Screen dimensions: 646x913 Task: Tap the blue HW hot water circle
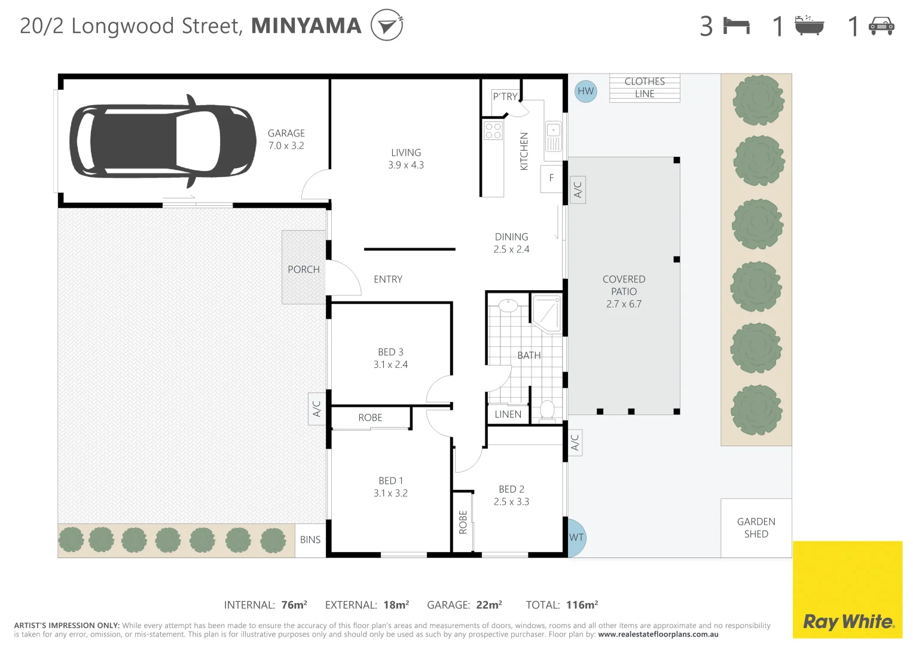[585, 92]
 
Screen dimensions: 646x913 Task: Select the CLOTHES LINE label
[645, 87]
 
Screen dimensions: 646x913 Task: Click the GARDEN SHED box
[756, 528]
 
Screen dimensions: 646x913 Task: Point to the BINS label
[310, 540]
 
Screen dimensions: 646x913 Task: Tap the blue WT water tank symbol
[576, 537]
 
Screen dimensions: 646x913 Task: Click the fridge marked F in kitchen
[551, 178]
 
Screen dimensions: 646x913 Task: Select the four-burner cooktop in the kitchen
[493, 131]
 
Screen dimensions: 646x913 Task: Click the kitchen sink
[553, 136]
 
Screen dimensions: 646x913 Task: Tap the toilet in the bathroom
[547, 410]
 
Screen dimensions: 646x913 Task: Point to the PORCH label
[304, 269]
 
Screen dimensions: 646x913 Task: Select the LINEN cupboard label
[508, 414]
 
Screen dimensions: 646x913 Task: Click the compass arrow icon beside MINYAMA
[386, 25]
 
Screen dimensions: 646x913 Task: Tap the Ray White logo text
[848, 621]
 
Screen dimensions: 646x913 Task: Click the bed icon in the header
[736, 26]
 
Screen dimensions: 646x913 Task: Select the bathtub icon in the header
[809, 26]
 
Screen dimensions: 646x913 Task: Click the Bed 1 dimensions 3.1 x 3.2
[390, 493]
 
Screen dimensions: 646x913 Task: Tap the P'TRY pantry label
[505, 96]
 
